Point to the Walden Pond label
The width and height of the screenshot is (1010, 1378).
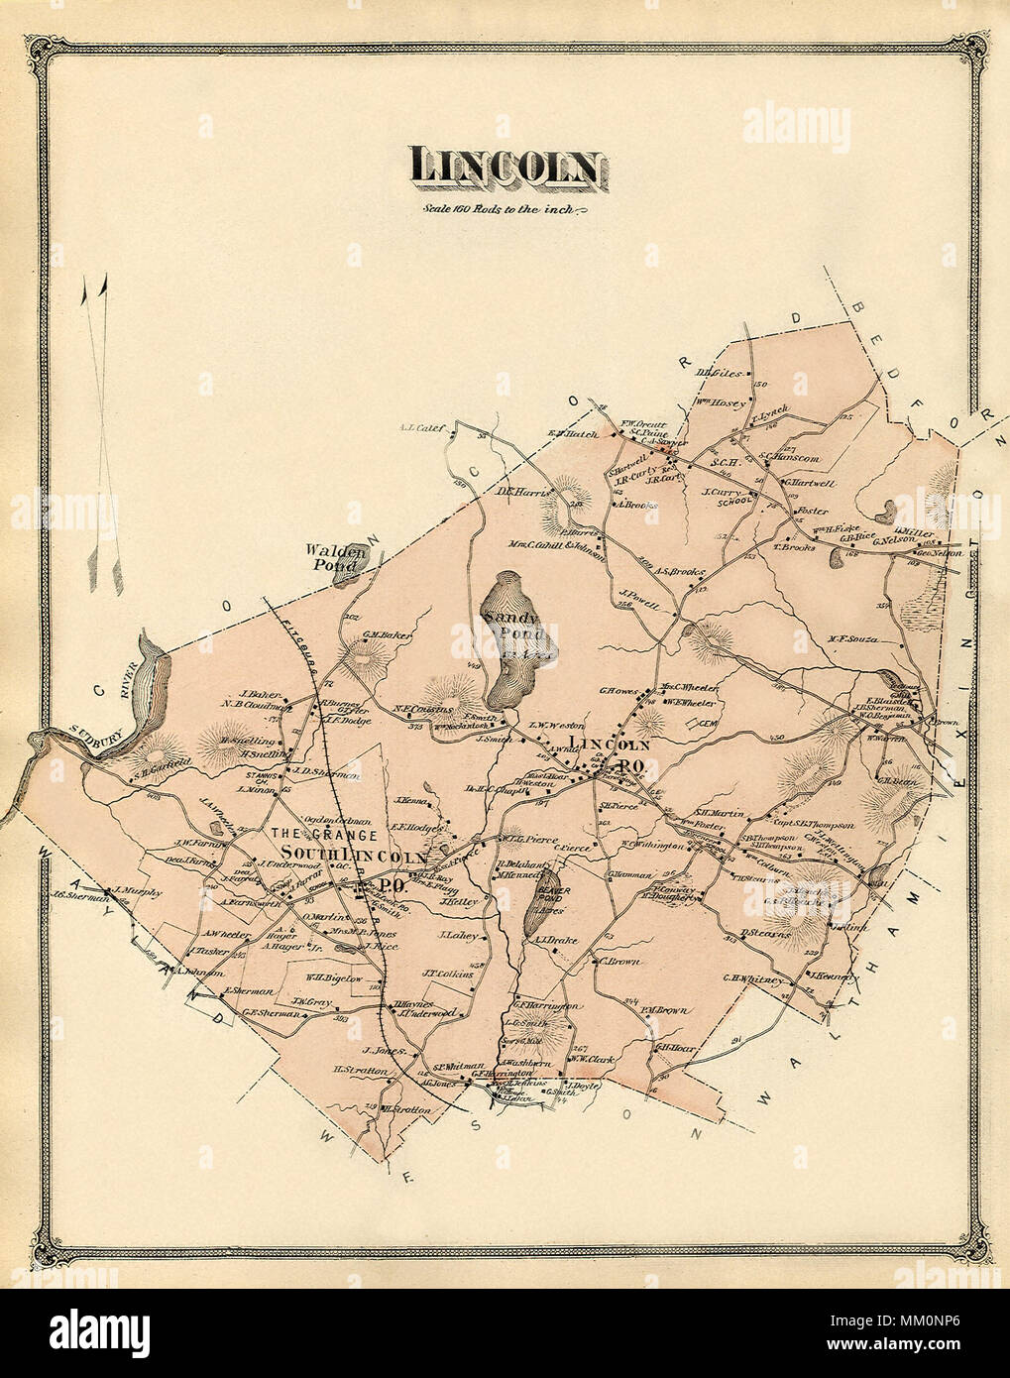tap(331, 558)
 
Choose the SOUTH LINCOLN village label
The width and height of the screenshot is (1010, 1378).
tap(354, 856)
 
